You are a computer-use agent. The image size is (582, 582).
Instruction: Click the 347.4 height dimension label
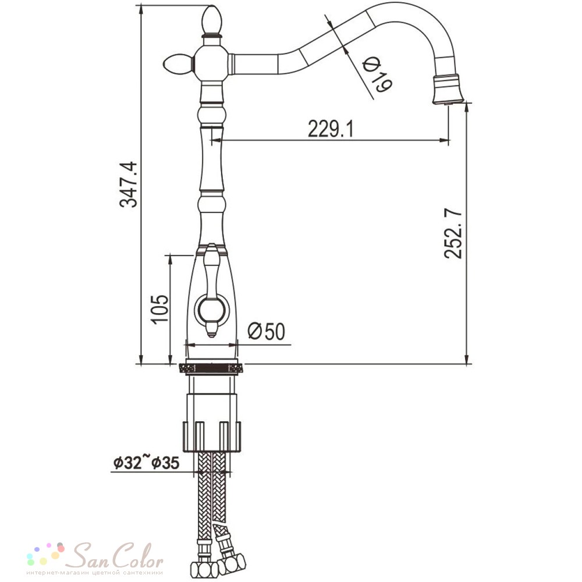(x=129, y=184)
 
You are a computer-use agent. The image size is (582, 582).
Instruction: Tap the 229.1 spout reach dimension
(x=331, y=129)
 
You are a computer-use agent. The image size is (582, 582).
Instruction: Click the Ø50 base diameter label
(x=267, y=331)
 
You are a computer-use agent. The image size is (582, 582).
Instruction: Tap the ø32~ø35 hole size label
(x=146, y=463)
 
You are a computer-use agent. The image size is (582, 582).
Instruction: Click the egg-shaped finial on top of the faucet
(x=212, y=19)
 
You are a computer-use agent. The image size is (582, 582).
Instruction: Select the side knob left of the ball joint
(x=178, y=65)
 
